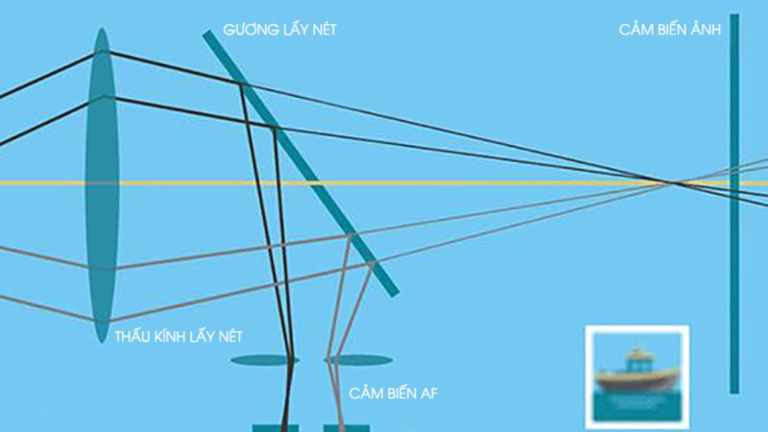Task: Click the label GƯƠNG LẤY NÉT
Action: point(279,30)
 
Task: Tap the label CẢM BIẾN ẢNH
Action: point(669,30)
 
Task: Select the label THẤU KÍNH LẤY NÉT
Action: point(179,337)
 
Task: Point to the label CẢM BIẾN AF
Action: point(393,393)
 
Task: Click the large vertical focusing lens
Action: point(102,185)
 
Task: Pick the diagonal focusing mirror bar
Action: point(300,163)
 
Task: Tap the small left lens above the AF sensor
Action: point(265,361)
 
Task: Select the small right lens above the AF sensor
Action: point(358,361)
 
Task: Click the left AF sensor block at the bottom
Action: point(276,428)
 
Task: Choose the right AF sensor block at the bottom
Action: point(347,428)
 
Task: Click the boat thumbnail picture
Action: point(636,376)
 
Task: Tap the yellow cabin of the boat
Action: point(637,360)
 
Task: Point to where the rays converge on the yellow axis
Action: point(673,183)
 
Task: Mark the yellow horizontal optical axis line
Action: point(384,183)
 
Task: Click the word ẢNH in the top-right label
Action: point(706,30)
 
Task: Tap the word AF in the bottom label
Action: point(428,394)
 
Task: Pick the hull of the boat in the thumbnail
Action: point(637,379)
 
